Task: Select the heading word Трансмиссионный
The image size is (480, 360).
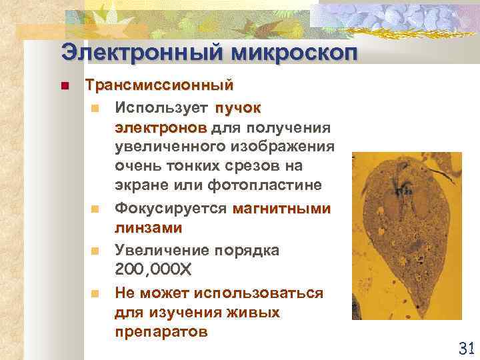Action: click(159, 86)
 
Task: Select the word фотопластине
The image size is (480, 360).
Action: click(265, 184)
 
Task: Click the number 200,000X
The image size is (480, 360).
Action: click(153, 269)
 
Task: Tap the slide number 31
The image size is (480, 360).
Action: click(466, 347)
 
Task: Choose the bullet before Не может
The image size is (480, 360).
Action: click(96, 293)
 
